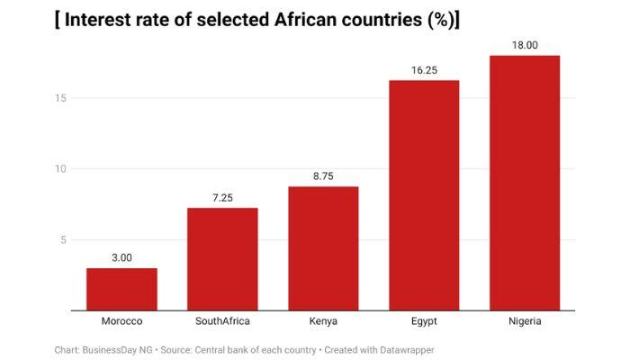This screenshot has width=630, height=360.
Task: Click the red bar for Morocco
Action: (121, 289)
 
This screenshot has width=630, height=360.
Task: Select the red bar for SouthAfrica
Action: (222, 259)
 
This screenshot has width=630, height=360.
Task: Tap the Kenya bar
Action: (323, 248)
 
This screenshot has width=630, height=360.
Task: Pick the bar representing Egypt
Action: (424, 195)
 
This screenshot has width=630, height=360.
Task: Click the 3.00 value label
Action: (121, 257)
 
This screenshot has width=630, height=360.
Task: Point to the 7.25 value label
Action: (222, 197)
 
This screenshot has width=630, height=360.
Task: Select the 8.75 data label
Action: (323, 176)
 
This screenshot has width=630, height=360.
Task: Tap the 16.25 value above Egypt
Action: (424, 70)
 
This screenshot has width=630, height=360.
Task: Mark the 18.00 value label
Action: (525, 45)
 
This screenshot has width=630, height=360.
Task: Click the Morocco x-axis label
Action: (121, 321)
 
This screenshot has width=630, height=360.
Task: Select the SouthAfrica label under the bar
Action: (222, 321)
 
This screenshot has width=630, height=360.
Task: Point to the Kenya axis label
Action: (323, 321)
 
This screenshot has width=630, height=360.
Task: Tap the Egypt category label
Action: (424, 321)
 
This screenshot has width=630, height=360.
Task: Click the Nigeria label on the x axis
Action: (525, 321)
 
